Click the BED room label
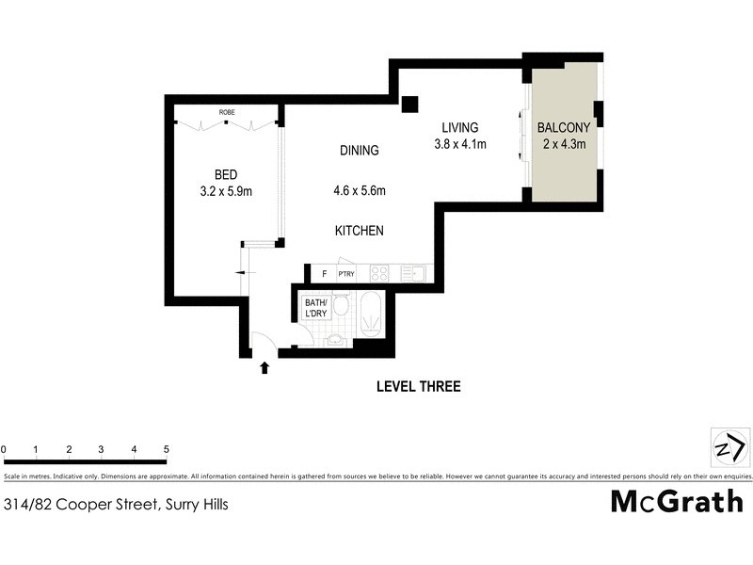pyautogui.click(x=226, y=174)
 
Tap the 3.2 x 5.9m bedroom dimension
pyautogui.click(x=226, y=191)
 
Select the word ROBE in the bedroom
pyautogui.click(x=227, y=113)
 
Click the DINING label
pyautogui.click(x=360, y=150)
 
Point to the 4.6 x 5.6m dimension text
pyautogui.click(x=360, y=191)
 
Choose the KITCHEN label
pyautogui.click(x=360, y=231)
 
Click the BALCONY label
pyautogui.click(x=564, y=127)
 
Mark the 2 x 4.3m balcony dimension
pyautogui.click(x=564, y=144)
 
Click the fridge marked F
pyautogui.click(x=324, y=274)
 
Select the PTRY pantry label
pyautogui.click(x=346, y=274)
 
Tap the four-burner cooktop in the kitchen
pyautogui.click(x=379, y=274)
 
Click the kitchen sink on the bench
pyautogui.click(x=412, y=274)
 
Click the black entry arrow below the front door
pyautogui.click(x=264, y=367)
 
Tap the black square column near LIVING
pyautogui.click(x=409, y=105)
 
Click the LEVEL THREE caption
pyautogui.click(x=418, y=386)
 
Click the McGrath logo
pyautogui.click(x=677, y=502)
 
